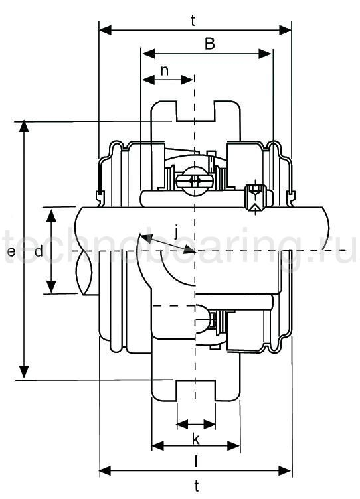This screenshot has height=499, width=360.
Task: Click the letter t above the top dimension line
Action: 193,20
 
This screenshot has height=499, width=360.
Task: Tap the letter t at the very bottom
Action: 196,486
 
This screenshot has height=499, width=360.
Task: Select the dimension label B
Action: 209,44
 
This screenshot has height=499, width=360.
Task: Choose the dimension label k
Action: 195,439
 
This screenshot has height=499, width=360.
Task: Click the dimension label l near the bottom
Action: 196,460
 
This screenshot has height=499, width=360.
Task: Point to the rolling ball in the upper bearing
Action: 195,181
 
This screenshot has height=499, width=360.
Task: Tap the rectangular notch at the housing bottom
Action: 196,390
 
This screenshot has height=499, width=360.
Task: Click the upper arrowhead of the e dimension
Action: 25,126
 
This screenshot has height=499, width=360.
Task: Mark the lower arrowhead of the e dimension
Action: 25,373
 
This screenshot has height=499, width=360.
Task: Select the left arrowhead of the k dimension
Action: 181,423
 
